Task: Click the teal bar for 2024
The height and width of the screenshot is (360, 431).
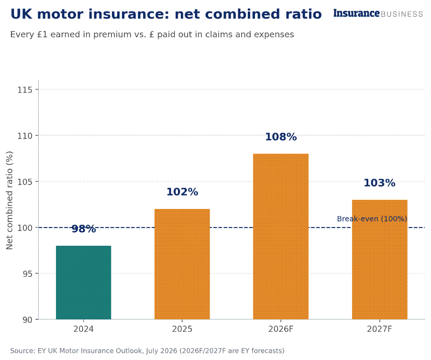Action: [84, 283]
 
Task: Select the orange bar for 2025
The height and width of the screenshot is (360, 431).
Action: [182, 264]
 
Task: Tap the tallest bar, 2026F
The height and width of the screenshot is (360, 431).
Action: [281, 236]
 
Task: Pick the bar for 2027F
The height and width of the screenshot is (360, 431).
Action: [380, 260]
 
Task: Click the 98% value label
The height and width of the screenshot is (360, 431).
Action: [84, 229]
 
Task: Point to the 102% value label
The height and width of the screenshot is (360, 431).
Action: [182, 192]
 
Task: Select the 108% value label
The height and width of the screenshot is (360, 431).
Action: [281, 137]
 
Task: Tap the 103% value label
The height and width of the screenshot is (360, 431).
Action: [380, 183]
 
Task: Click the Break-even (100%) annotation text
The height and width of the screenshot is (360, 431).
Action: [372, 219]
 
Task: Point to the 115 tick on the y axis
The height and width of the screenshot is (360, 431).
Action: [25, 89]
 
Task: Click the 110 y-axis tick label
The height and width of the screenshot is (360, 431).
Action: [25, 136]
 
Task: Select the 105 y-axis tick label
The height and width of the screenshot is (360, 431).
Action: [25, 182]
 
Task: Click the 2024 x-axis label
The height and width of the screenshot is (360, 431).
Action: [84, 329]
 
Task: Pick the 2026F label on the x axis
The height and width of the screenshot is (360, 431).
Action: [281, 329]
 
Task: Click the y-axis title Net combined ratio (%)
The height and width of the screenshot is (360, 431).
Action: [10, 200]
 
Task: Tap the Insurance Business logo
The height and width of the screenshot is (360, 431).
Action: [378, 13]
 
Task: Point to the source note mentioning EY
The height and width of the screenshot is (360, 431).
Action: [147, 350]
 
